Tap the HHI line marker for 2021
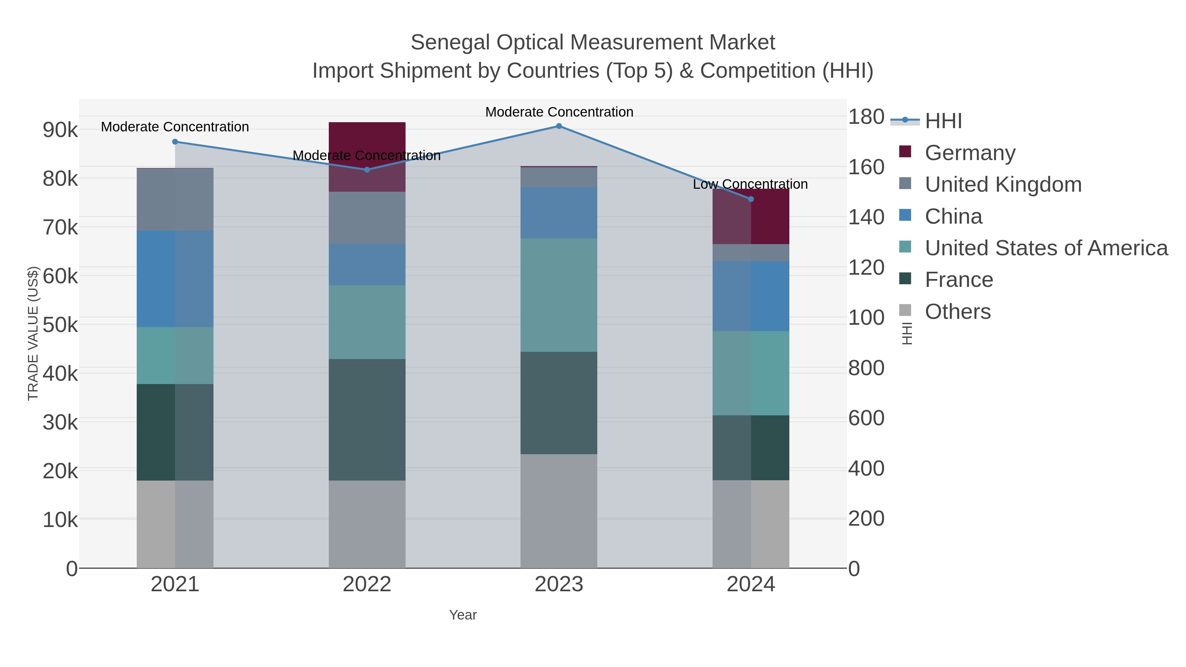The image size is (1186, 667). (x=175, y=142)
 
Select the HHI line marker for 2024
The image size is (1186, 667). (x=751, y=199)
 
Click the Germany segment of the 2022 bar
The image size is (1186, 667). (x=367, y=138)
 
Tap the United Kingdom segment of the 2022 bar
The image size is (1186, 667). (x=367, y=217)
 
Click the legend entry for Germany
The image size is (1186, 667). (x=970, y=153)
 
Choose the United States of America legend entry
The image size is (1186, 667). (x=1046, y=248)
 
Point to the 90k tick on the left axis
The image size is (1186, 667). (x=60, y=130)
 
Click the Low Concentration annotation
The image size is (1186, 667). (x=750, y=184)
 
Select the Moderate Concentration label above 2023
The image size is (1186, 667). (x=559, y=112)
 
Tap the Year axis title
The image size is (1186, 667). (x=463, y=615)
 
